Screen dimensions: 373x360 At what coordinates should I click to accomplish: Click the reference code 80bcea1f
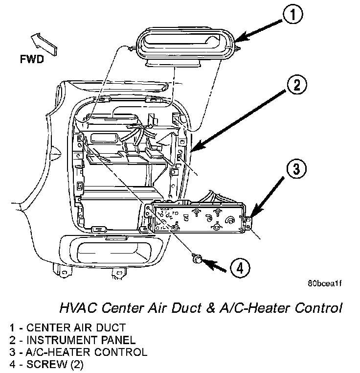coord(324,283)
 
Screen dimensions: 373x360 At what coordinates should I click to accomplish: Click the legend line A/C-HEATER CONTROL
coord(79,352)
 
